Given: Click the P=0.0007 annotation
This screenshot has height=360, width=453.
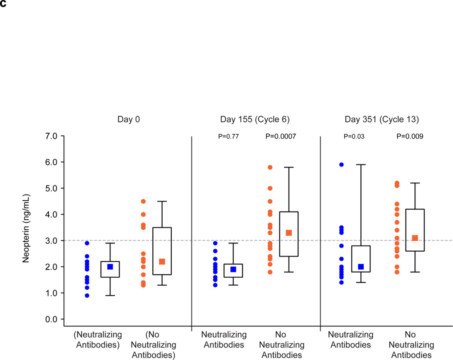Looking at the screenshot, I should pos(281,136).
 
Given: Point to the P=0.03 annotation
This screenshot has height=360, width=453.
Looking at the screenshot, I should pos(354,136).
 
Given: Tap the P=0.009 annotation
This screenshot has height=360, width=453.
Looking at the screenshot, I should pos(409,136).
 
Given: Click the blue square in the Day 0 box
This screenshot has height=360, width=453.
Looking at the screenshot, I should pos(110,267).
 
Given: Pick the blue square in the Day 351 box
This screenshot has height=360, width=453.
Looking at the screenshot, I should pos(361,267).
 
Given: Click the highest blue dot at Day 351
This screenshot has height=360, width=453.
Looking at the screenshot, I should pos(341,164).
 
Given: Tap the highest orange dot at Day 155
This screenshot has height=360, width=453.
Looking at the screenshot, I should pos(270,167).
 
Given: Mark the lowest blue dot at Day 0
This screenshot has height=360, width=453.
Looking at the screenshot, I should pos(87,296).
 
